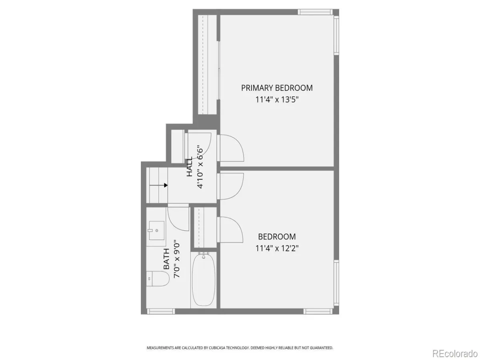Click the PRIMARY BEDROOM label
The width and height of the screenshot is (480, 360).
click(x=277, y=88)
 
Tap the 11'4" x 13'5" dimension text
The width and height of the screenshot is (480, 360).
click(x=277, y=100)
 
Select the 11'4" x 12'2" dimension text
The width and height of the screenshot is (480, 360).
click(x=277, y=248)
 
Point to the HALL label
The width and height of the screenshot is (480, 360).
click(x=189, y=166)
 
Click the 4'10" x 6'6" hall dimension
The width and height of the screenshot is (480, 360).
click(x=200, y=166)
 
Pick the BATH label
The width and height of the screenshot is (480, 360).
click(x=166, y=259)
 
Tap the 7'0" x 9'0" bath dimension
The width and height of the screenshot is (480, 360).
click(x=177, y=259)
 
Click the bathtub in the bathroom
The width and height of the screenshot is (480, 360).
click(x=203, y=279)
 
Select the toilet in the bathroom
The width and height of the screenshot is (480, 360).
click(x=158, y=279)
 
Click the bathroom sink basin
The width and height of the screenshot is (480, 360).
click(x=156, y=230)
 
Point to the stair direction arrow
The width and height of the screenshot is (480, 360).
click(x=158, y=185)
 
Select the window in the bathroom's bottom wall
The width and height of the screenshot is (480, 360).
click(x=161, y=311)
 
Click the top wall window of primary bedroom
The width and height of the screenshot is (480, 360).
click(x=315, y=12)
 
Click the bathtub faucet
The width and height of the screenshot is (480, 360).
click(x=203, y=255)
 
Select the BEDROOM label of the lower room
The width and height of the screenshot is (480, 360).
click(x=277, y=236)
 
